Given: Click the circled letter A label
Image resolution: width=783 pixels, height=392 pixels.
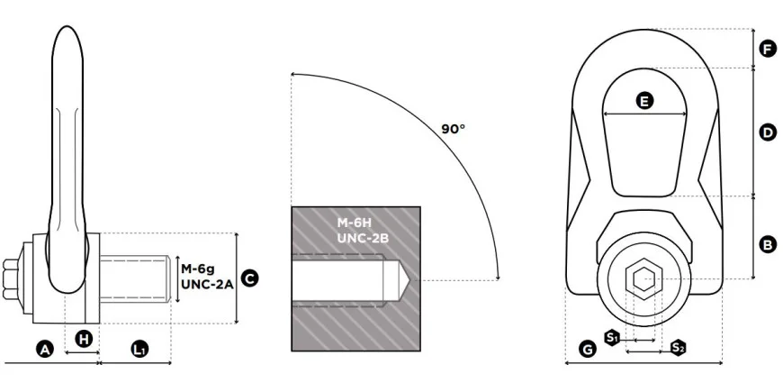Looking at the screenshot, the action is pyautogui.click(x=45, y=350).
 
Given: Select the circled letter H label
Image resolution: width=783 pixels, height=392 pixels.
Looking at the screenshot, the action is pyautogui.click(x=84, y=340).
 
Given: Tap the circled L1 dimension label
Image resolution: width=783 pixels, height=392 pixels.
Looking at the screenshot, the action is pyautogui.click(x=139, y=350).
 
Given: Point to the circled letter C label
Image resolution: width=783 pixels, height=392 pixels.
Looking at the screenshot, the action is pyautogui.click(x=249, y=278).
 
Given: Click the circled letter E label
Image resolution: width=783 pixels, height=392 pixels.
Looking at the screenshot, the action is pyautogui.click(x=644, y=101).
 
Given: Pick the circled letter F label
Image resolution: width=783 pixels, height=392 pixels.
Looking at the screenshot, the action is pyautogui.click(x=768, y=49).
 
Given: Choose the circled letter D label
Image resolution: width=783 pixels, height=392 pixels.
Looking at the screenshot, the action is pyautogui.click(x=768, y=133).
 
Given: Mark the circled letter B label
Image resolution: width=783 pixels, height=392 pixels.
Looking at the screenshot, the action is pyautogui.click(x=768, y=245).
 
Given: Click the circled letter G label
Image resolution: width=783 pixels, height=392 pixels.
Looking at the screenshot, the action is pyautogui.click(x=588, y=350).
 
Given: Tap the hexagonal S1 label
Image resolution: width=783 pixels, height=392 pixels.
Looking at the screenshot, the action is pyautogui.click(x=612, y=338).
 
